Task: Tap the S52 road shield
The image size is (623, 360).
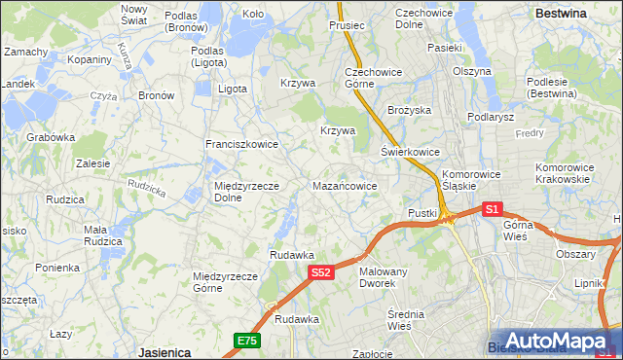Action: [x=322, y=273]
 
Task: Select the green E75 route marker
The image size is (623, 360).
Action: [x=246, y=340]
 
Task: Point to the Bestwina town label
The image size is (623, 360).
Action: [x=561, y=14]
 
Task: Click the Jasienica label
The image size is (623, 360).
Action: [x=164, y=351]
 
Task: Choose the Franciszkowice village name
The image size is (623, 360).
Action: [x=241, y=144]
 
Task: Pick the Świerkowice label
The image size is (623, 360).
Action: [x=410, y=153]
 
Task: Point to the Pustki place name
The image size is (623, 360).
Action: [x=421, y=212]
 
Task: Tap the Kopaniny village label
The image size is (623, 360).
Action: [x=89, y=59]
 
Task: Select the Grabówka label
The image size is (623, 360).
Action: [x=51, y=137]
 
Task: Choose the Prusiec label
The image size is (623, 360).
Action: [x=347, y=25]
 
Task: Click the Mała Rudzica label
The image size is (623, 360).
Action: [x=101, y=235]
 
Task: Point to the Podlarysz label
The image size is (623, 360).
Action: [x=490, y=117]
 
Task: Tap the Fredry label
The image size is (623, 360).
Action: [x=530, y=132]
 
